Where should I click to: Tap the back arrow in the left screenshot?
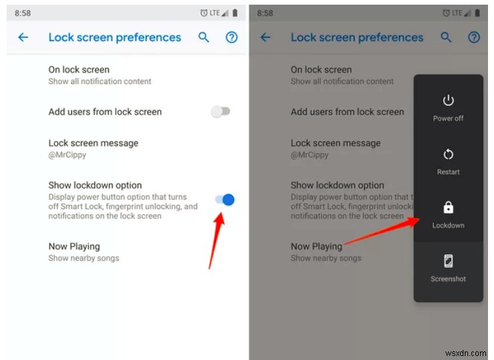tap(23, 37)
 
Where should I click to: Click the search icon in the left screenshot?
tap(204, 37)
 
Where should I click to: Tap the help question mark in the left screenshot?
tap(231, 37)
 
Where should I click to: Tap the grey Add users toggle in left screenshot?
tap(220, 112)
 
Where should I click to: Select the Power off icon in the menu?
tap(448, 100)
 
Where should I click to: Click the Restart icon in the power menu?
tap(448, 154)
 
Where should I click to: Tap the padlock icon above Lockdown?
tap(448, 207)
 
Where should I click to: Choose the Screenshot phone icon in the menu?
tap(448, 261)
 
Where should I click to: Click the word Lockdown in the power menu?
tap(448, 226)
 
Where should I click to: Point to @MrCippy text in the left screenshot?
tap(66, 155)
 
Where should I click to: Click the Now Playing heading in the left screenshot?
tap(74, 246)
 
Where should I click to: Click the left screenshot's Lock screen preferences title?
tap(114, 37)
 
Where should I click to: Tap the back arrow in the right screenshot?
tap(266, 37)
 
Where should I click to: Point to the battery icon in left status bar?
tap(235, 13)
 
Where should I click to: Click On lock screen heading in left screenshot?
tap(78, 69)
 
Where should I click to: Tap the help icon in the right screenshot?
tap(474, 37)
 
